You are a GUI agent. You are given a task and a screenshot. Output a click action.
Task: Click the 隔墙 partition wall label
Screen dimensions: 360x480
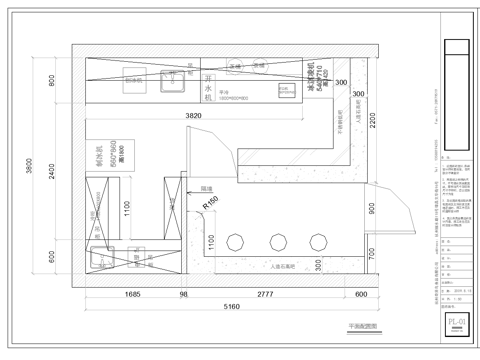206,187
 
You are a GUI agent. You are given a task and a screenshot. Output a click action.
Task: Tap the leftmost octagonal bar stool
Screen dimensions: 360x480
238,241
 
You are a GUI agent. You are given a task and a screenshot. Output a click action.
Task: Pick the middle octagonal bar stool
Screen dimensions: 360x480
276,241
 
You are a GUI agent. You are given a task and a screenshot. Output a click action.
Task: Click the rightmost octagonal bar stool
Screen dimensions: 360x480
314,241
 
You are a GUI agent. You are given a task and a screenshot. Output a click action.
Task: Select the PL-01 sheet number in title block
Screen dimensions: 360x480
456,320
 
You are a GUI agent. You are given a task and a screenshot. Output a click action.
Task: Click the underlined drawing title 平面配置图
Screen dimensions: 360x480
362,326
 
